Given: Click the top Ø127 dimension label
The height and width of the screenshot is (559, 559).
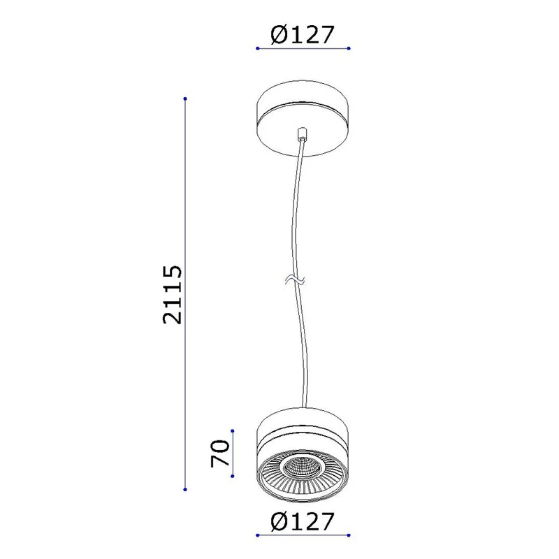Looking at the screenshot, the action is pos(303,34).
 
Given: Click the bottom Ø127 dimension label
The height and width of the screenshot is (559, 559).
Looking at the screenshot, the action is pos(303,521).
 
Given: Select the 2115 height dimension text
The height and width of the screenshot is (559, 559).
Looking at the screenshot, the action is pos(172,294).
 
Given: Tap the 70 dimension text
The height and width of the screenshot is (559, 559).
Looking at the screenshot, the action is pos(220,453).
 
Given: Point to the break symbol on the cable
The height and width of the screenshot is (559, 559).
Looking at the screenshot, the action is pos(295,280).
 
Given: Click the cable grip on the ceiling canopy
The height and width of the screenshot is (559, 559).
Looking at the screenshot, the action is pos(302,133).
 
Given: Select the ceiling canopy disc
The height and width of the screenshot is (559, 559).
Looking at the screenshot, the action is pos(303,118).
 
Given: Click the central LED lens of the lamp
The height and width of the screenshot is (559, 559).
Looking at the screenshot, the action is pos(303,467).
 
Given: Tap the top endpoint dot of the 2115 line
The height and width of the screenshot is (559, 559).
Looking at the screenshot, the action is pos(185,99).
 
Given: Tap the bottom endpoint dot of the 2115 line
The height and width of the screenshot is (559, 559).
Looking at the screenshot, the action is pos(185,490).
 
